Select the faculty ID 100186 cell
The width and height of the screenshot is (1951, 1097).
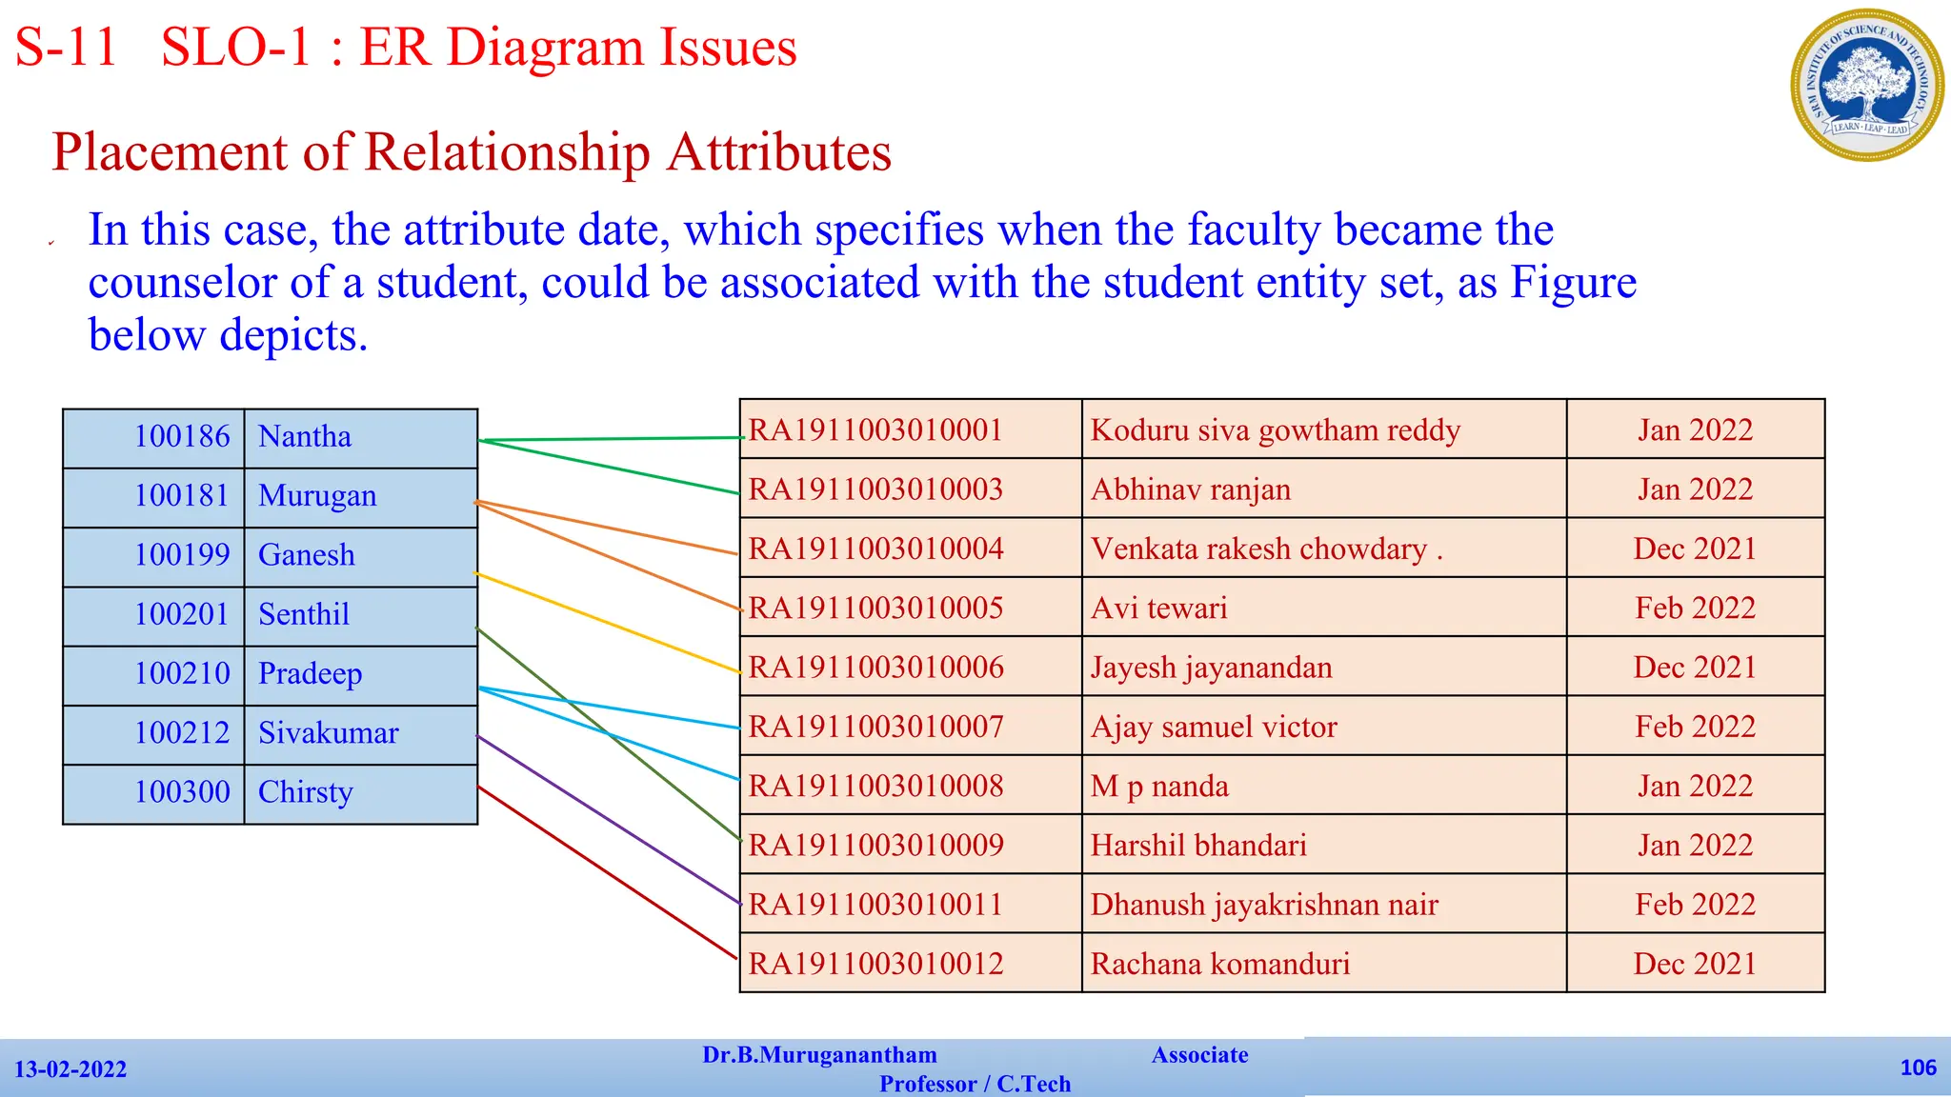pos(181,437)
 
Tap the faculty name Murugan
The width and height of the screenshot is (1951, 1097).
pos(317,496)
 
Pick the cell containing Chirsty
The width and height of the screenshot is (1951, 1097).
pos(305,792)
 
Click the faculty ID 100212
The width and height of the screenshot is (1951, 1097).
pos(181,733)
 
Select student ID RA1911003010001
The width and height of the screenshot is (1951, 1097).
pos(875,430)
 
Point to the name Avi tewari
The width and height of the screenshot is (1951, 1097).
pos(1158,608)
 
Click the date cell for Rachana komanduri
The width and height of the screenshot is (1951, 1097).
pos(1694,964)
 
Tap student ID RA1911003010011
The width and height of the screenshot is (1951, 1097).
pos(875,905)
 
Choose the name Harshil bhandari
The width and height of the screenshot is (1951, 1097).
pos(1197,846)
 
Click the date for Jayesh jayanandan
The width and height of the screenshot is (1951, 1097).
pos(1694,668)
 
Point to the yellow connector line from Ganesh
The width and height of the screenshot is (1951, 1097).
pos(610,624)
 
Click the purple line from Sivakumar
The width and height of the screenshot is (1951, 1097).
pos(610,821)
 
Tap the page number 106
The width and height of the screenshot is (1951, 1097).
pos(1917,1067)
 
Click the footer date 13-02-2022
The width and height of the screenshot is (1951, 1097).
pos(70,1069)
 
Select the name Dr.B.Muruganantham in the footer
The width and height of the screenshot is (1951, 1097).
pos(819,1055)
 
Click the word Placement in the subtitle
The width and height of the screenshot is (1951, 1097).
pos(170,152)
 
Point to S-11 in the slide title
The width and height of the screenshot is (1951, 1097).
pos(65,48)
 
